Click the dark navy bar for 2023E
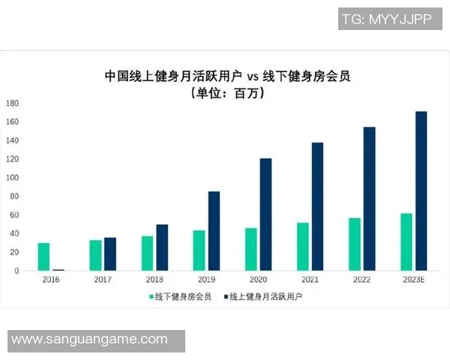421,191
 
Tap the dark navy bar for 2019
214,231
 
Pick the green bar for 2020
250,249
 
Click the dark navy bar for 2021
317,206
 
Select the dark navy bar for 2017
110,253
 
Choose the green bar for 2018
147,253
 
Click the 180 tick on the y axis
13,103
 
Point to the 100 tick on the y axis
13,178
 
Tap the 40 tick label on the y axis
14,233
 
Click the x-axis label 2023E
413,279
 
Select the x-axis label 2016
50,279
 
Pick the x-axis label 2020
258,279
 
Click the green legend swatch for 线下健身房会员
150,296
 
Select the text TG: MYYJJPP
386,19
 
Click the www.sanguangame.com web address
89,340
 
